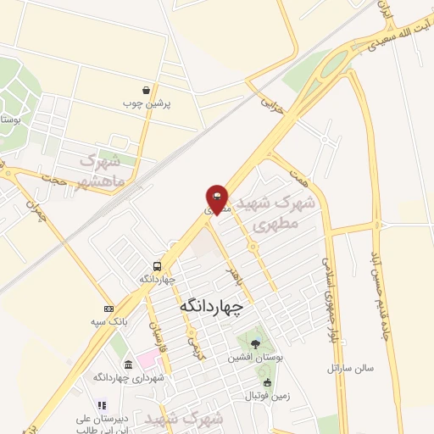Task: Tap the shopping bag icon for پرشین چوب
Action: [147, 89]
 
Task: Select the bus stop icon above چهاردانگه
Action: [156, 265]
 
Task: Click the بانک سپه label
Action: [109, 322]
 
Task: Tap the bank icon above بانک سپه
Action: [108, 309]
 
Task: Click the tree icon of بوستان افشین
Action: [255, 342]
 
